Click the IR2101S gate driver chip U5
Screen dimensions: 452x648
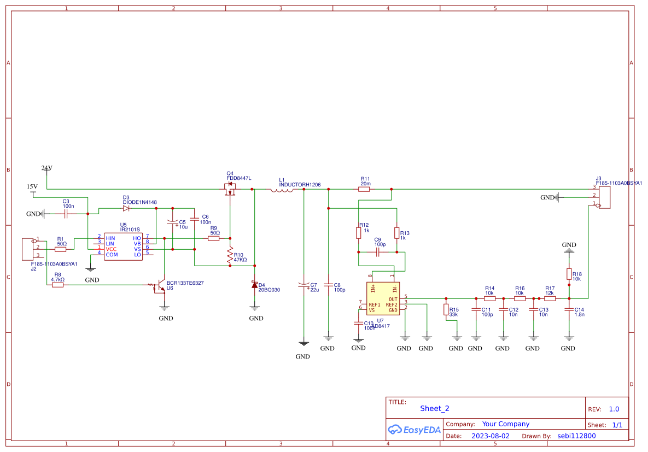pyautogui.click(x=124, y=246)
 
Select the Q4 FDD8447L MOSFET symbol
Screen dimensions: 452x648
pyautogui.click(x=230, y=190)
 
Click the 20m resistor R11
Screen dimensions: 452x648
pyautogui.click(x=364, y=189)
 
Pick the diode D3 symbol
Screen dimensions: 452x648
pyautogui.click(x=126, y=208)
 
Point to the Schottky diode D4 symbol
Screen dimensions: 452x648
pyautogui.click(x=254, y=285)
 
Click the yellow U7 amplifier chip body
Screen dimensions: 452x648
pyautogui.click(x=383, y=298)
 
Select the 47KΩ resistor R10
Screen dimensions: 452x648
pyautogui.click(x=230, y=255)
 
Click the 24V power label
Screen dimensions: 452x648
pyautogui.click(x=46, y=168)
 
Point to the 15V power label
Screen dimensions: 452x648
pyautogui.click(x=33, y=187)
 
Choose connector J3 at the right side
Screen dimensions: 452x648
pyautogui.click(x=604, y=197)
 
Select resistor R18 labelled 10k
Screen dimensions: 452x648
pyautogui.click(x=569, y=274)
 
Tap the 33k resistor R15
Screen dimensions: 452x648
pyautogui.click(x=446, y=310)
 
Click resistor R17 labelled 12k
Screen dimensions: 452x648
pyautogui.click(x=550, y=298)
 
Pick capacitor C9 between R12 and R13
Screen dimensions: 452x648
pyautogui.click(x=377, y=252)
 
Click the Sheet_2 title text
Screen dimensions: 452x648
pyautogui.click(x=434, y=408)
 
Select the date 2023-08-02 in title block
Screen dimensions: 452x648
pyautogui.click(x=490, y=436)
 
